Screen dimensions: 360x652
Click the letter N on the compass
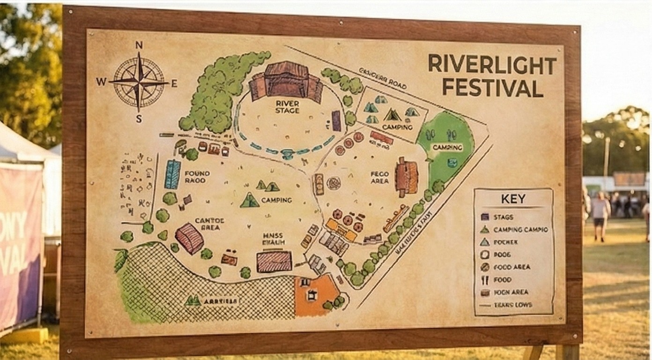pyautogui.click(x=139, y=45)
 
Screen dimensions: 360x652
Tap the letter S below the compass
pyautogui.click(x=139, y=119)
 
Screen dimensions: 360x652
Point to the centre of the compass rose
pyautogui.click(x=139, y=82)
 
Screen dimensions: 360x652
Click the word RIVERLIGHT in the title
pyautogui.click(x=492, y=64)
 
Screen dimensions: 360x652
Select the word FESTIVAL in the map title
pyautogui.click(x=492, y=88)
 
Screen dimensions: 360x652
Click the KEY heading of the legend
pyautogui.click(x=513, y=199)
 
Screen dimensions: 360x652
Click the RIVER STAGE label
pyautogui.click(x=287, y=106)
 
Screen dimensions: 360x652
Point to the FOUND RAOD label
pyautogui.click(x=197, y=177)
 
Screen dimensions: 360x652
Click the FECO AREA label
pyautogui.click(x=379, y=177)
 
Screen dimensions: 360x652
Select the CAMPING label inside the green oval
pyautogui.click(x=447, y=147)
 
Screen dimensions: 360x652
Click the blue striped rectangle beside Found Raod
pyautogui.click(x=172, y=174)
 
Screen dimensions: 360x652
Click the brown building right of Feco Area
pyautogui.click(x=406, y=177)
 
